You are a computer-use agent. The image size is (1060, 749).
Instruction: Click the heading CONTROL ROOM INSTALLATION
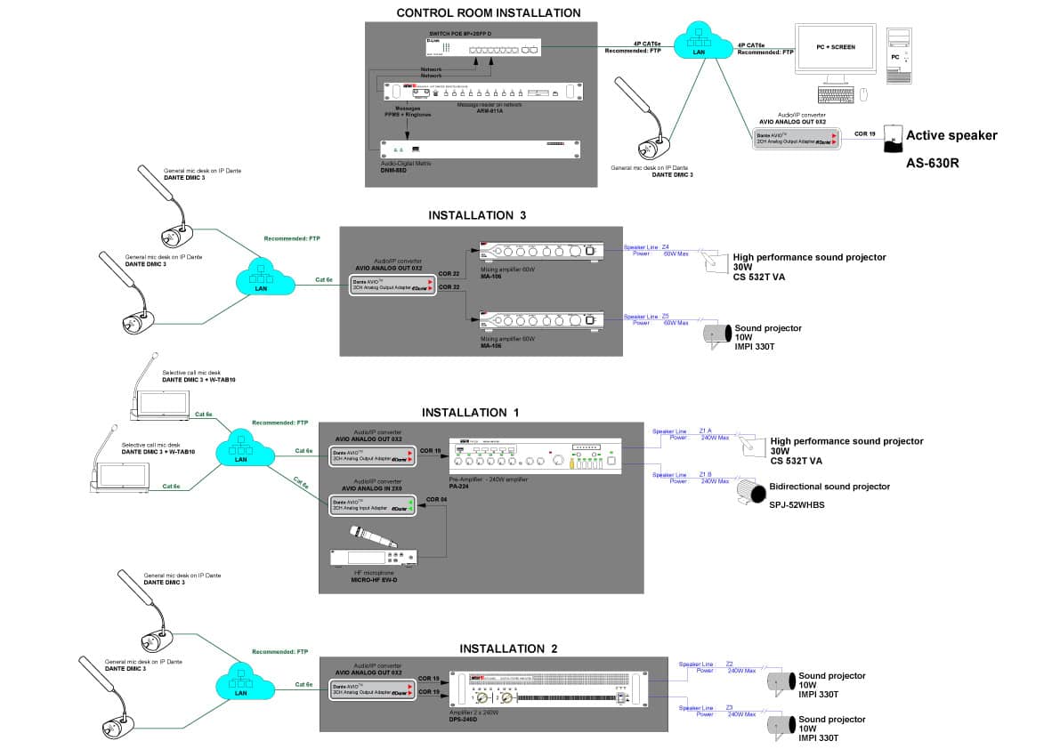click(x=488, y=12)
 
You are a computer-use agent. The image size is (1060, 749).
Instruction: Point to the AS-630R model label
click(x=931, y=164)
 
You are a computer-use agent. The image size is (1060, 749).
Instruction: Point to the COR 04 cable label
click(x=437, y=500)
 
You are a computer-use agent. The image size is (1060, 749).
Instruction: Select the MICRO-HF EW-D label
click(x=374, y=580)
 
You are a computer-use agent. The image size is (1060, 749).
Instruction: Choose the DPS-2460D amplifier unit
click(x=551, y=690)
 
